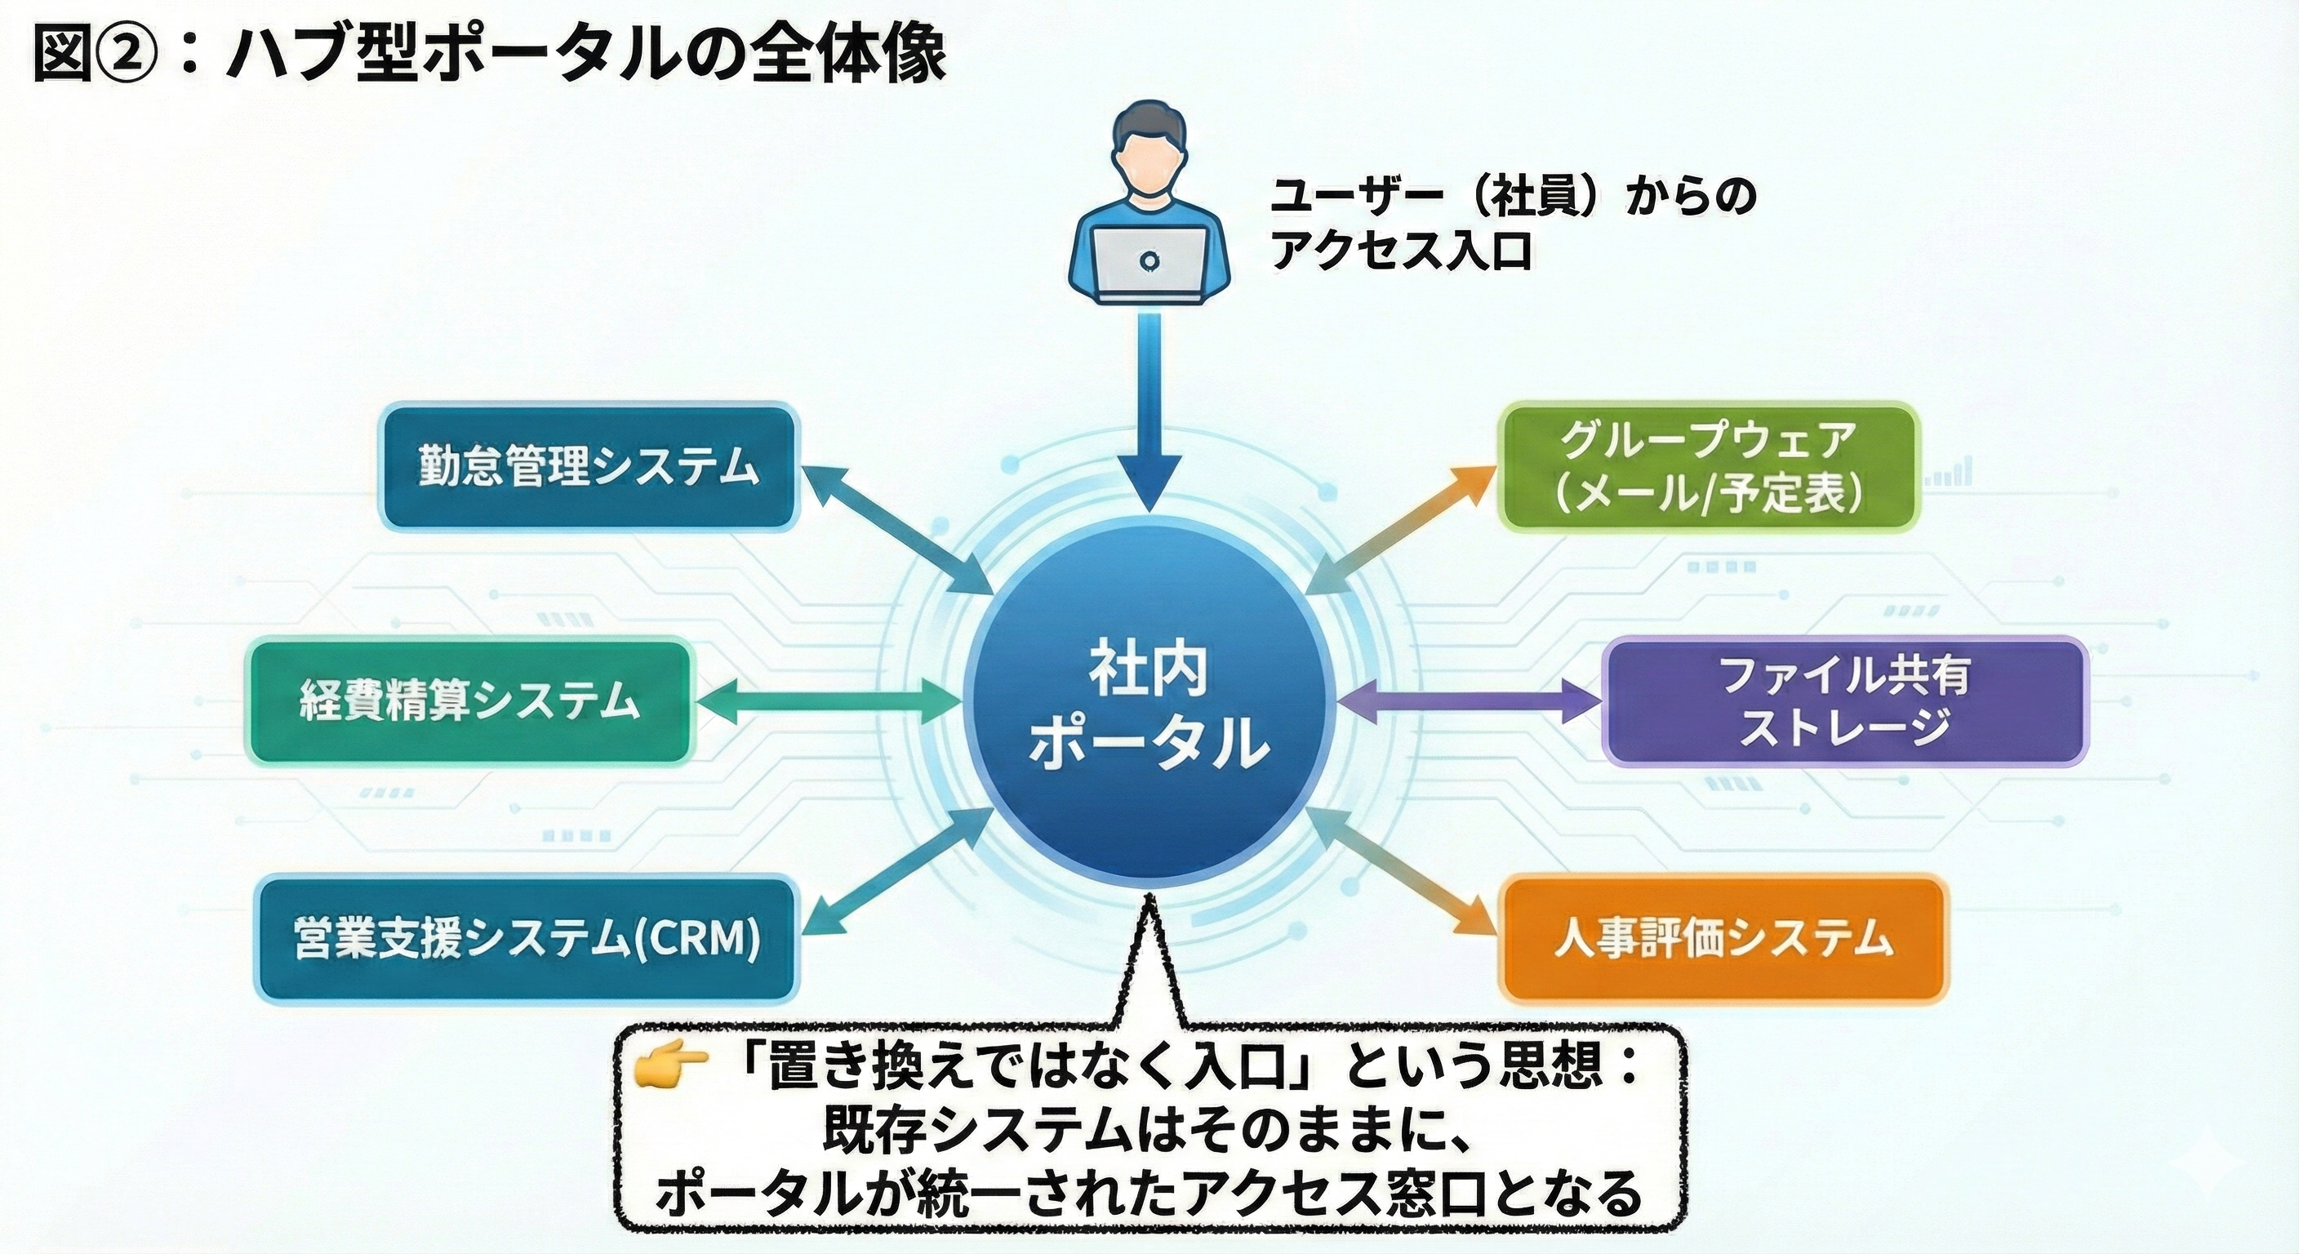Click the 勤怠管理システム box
coord(589,467)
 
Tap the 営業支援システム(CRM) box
coord(527,938)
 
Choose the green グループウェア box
coord(1708,467)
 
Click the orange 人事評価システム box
coord(1723,940)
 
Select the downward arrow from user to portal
coord(1149,420)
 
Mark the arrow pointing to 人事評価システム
coord(1401,870)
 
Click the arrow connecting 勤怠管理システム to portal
coord(897,531)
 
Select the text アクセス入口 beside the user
coord(1401,251)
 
